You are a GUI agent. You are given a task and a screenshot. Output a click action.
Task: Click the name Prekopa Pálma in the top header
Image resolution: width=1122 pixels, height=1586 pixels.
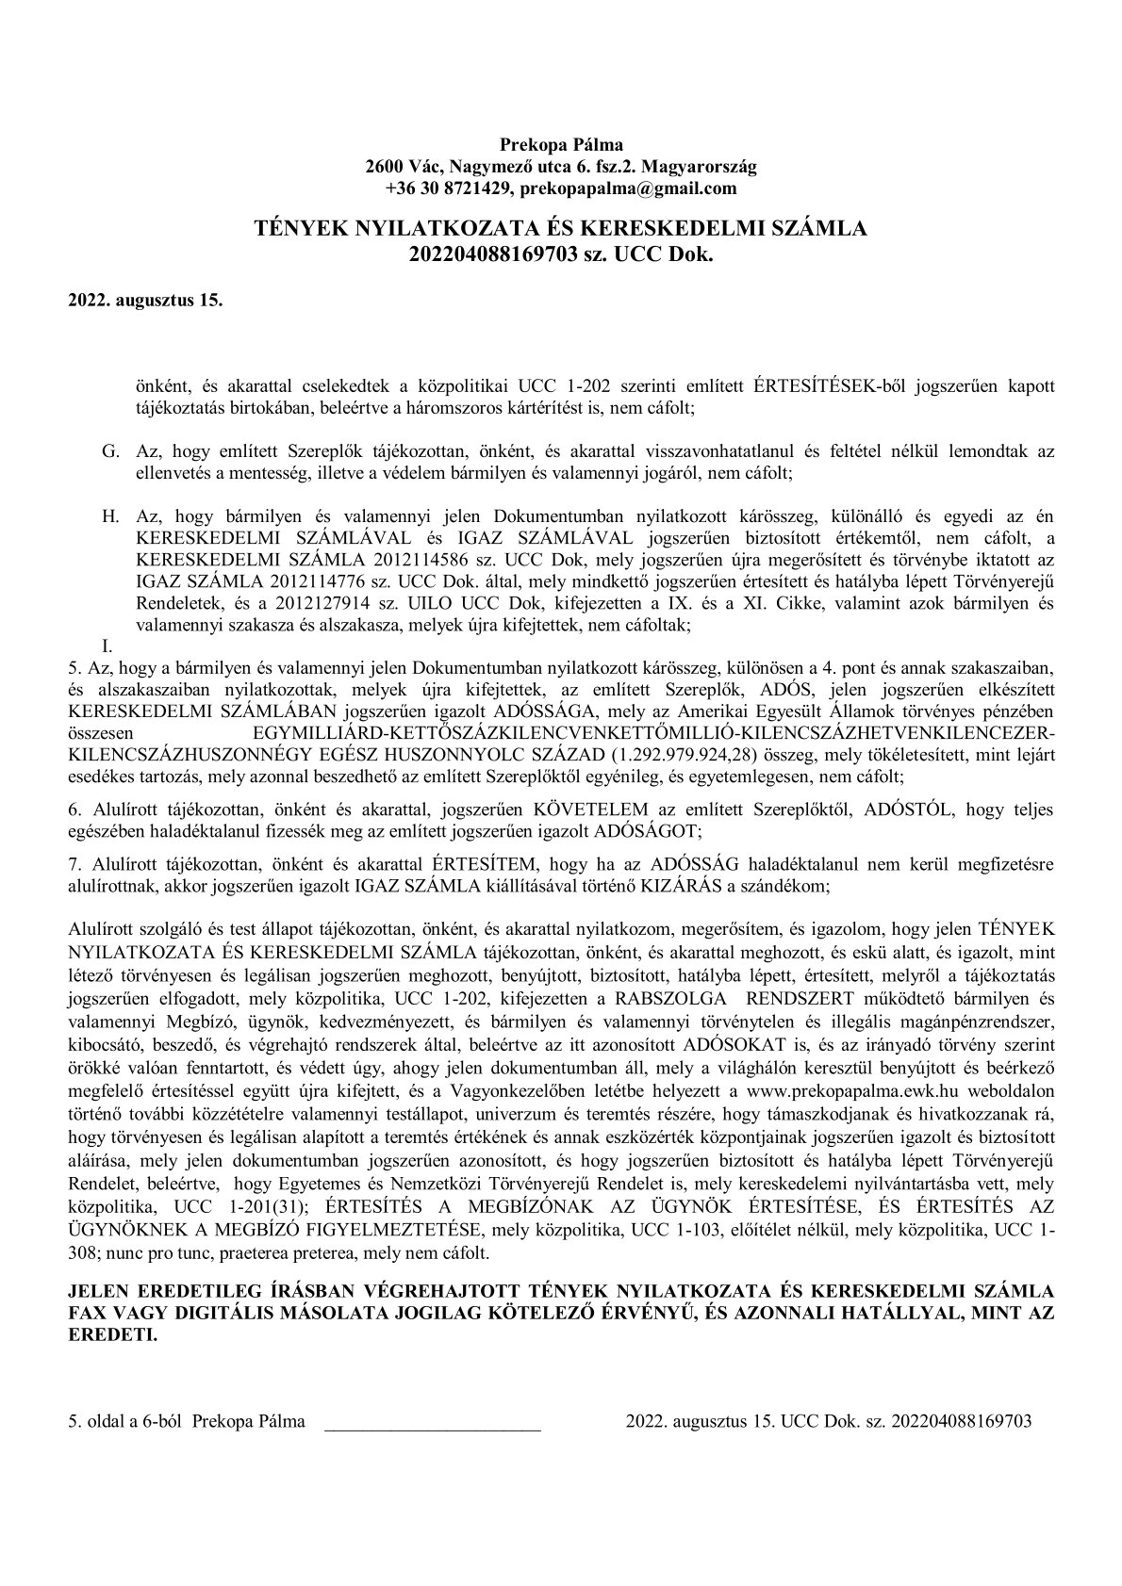coord(561,145)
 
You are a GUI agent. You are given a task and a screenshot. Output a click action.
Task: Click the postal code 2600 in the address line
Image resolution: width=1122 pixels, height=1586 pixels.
coord(383,167)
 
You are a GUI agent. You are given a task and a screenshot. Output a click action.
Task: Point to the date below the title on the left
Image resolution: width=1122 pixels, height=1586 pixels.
coord(145,302)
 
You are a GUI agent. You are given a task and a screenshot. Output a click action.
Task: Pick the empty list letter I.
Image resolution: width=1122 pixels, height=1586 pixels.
coord(107,646)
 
